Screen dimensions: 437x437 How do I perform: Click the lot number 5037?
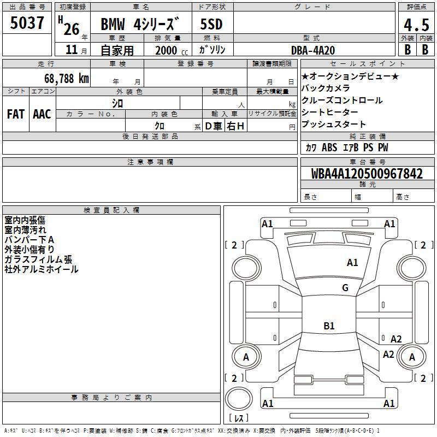pos(27,23)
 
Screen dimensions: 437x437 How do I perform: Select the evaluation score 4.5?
pos(416,25)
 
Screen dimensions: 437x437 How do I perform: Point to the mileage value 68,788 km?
pos(67,79)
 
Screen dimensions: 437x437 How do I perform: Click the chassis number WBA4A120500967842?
pos(367,174)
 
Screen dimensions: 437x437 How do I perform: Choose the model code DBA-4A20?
pos(313,50)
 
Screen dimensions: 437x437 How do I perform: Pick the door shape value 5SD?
pos(211,24)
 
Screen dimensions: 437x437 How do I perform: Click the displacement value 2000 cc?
pos(172,50)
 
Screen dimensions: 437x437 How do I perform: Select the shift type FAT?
pos(16,114)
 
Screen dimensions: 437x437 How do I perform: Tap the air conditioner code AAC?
pos(42,114)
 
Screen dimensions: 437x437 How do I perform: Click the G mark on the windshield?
pos(345,288)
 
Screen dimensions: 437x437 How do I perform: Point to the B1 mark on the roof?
pos(329,326)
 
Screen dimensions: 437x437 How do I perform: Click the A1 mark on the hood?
pos(352,263)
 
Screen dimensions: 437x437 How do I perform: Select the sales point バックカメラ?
pos(326,88)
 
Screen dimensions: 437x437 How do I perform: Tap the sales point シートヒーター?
pos(330,112)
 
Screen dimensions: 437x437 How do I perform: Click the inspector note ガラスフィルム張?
pos(38,259)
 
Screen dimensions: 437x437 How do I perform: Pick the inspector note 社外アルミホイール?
pos(42,269)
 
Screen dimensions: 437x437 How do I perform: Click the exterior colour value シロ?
pos(117,103)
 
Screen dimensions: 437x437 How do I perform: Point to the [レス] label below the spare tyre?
pos(239,418)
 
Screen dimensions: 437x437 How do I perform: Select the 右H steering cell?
pos(235,126)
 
